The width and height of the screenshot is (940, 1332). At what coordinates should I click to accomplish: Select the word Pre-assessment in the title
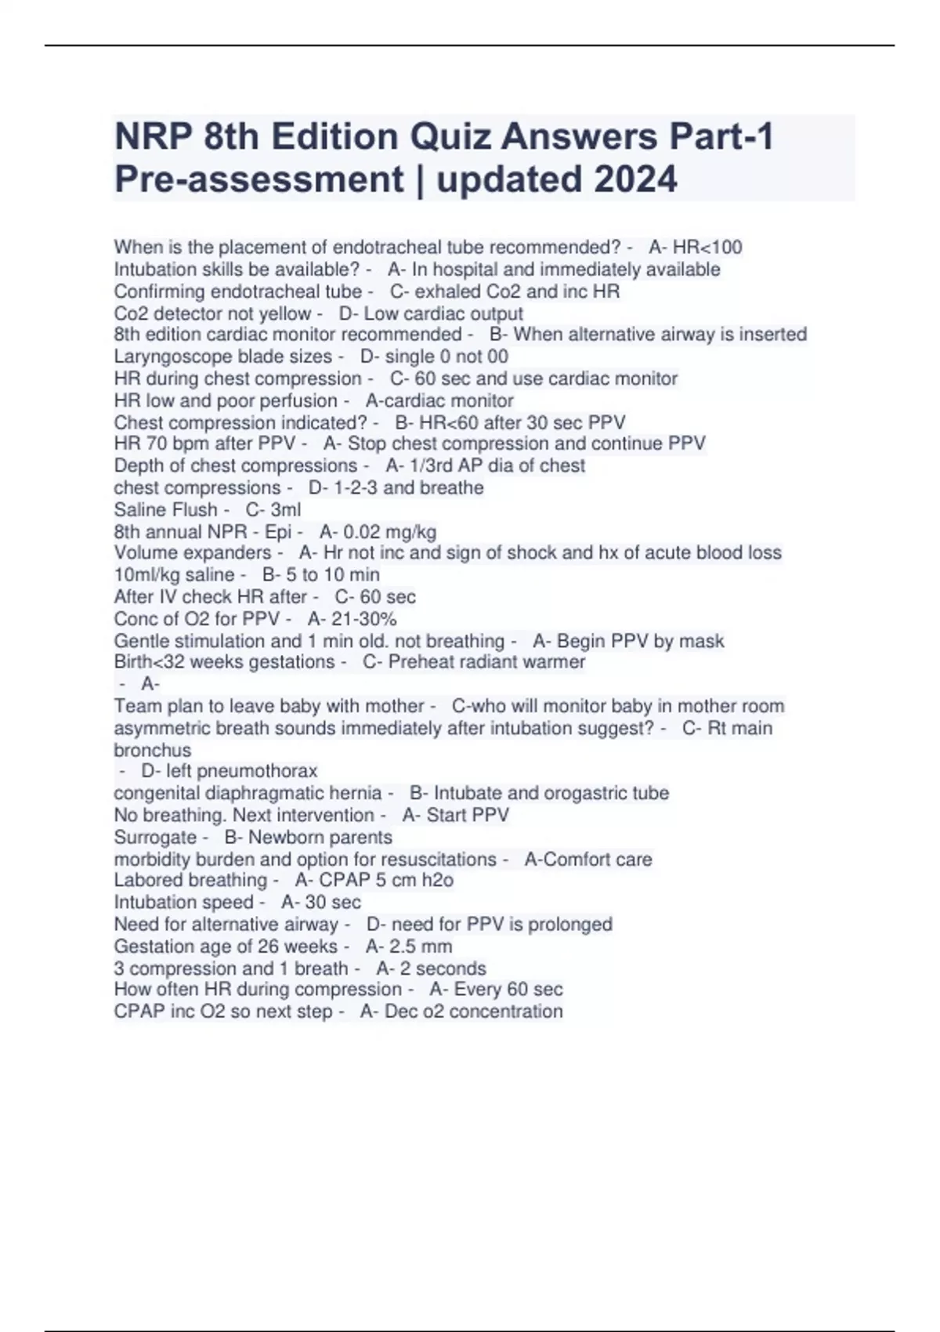[258, 179]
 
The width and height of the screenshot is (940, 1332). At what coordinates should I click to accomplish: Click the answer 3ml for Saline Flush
[285, 509]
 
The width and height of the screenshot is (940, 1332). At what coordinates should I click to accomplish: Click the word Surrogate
[155, 837]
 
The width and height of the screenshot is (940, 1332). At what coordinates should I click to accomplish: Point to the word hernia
[355, 793]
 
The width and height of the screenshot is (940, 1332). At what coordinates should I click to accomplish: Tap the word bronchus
[152, 750]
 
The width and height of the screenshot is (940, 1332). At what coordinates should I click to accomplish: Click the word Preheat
[419, 662]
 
